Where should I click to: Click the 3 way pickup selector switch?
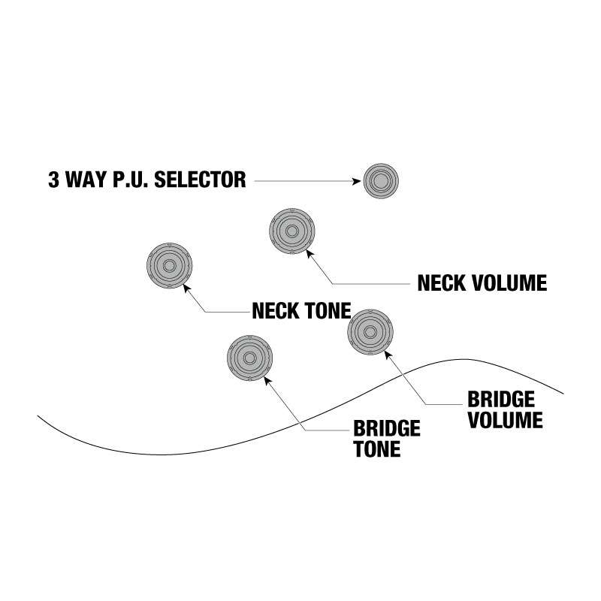pos(381,180)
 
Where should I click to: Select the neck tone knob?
pos(168,266)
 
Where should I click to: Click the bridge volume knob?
pos(370,331)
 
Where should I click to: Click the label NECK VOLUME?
pos(482,283)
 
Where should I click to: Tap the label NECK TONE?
pos(301,310)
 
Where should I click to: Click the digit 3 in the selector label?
pos(53,180)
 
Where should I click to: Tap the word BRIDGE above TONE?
pos(386,429)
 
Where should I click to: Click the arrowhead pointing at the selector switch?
pos(358,180)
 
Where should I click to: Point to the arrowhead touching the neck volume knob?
pos(309,253)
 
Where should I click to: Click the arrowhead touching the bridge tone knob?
pos(265,378)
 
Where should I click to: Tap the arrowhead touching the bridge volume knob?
pos(387,353)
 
